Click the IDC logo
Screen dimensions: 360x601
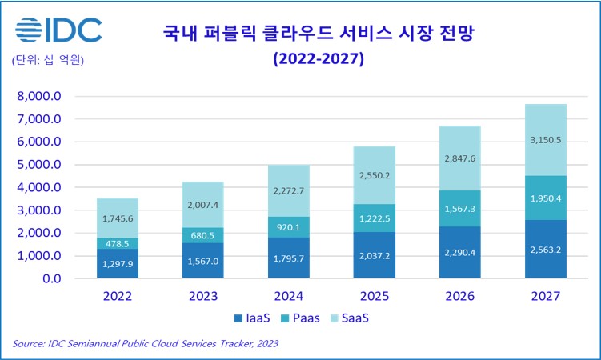(58, 30)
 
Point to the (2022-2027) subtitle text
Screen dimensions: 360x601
(319, 59)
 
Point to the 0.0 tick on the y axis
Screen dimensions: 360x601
(50, 279)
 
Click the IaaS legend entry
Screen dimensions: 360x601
(250, 318)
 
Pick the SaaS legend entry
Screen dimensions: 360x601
(350, 318)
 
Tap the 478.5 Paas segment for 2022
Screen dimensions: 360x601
(118, 243)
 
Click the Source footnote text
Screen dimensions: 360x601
(146, 344)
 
